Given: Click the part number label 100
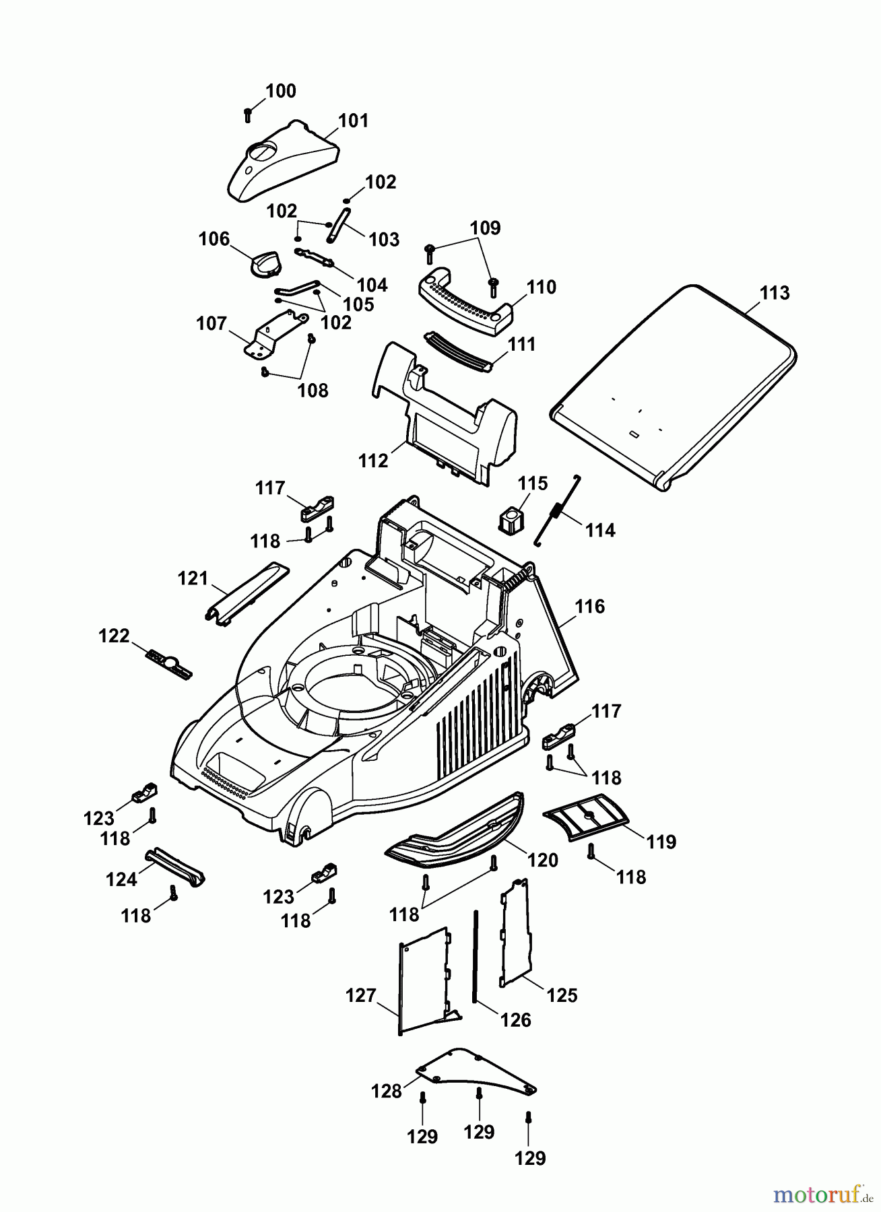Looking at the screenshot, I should click(281, 91).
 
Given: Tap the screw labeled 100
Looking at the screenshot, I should click(248, 114).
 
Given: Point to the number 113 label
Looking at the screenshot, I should click(775, 293).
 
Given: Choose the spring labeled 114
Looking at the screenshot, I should click(556, 510).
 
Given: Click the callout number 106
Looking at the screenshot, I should click(214, 239).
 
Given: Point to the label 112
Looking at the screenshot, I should click(374, 461).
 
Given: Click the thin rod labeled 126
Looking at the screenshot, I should click(476, 956).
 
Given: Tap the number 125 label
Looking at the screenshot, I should click(562, 995).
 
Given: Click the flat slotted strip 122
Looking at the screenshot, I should click(168, 664).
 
